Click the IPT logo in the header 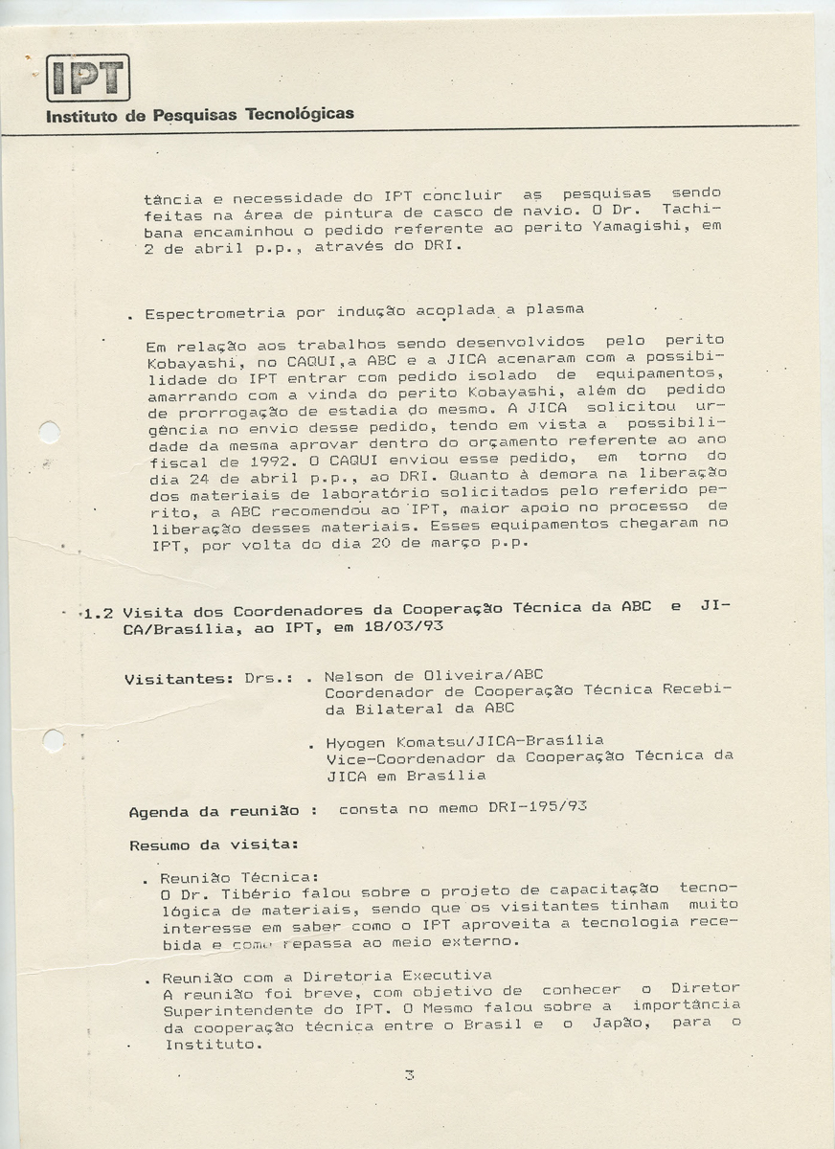coord(88,78)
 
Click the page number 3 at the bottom coord(409,1075)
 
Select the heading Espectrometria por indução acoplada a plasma coord(364,312)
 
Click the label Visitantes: coord(179,679)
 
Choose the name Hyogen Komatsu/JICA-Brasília coord(464,741)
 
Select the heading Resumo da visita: coord(214,845)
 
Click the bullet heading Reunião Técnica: coord(238,878)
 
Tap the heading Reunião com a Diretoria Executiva coord(327,977)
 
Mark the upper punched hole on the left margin coord(49,432)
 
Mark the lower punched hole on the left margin coord(54,740)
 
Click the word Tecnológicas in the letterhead coord(300,114)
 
